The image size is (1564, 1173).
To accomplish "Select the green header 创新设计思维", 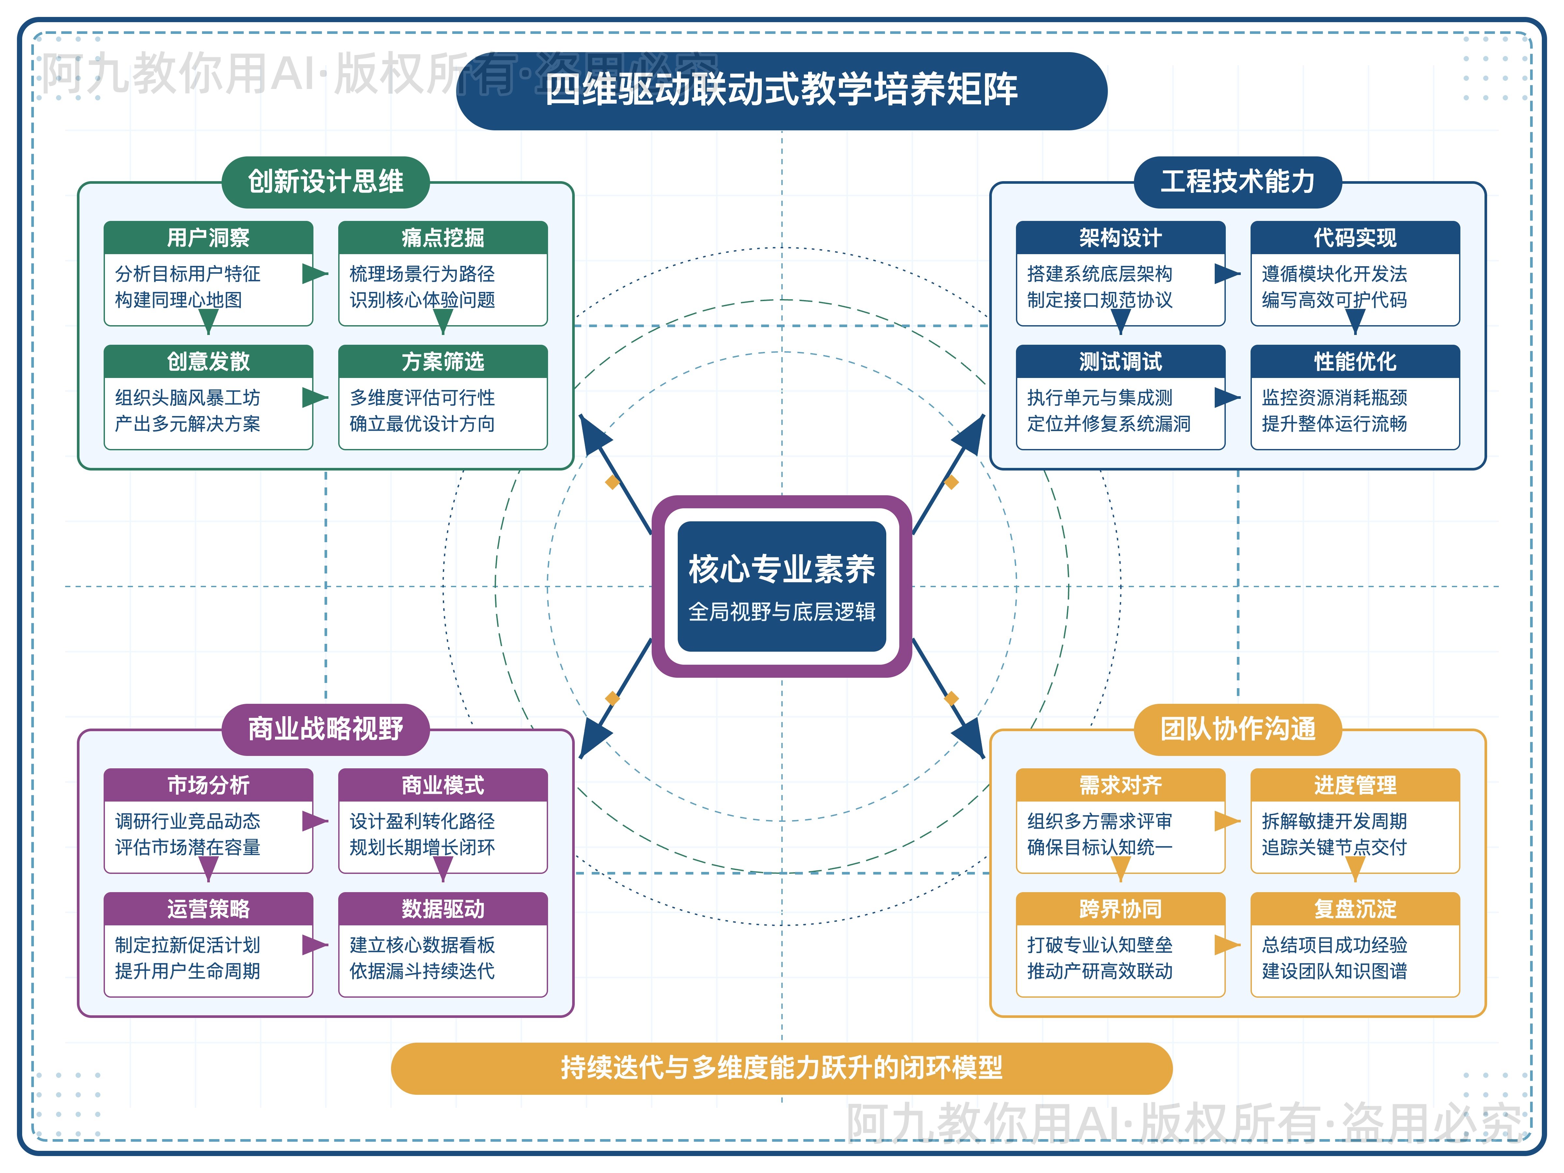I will (325, 182).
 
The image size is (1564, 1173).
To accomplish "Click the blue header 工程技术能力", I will (1237, 182).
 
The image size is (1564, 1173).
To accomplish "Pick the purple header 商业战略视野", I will (325, 729).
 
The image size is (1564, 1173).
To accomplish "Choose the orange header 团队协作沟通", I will (1237, 729).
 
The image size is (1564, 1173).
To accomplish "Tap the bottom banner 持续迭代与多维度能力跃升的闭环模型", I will (781, 1068).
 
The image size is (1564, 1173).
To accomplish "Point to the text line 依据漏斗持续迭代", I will (422, 971).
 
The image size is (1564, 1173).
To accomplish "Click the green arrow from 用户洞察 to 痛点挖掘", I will (315, 274).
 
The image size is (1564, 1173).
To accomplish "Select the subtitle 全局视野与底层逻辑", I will (781, 612).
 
